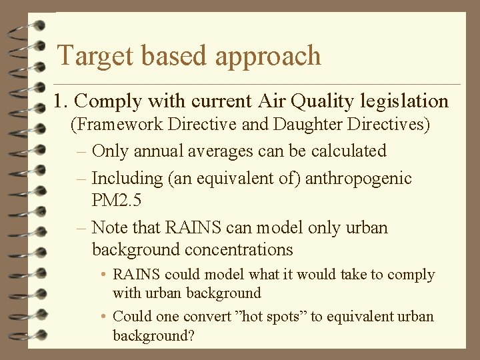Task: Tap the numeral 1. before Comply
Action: (61, 101)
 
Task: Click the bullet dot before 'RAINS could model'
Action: (105, 275)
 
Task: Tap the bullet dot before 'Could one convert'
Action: (105, 317)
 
